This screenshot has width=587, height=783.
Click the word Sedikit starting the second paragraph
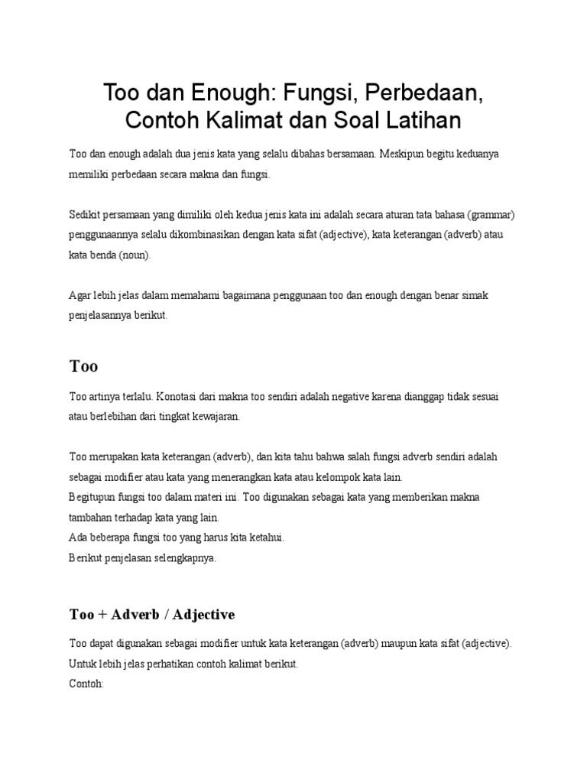pyautogui.click(x=86, y=215)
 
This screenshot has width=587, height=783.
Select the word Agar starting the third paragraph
pyautogui.click(x=80, y=295)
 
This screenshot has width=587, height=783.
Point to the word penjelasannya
pyautogui.click(x=100, y=315)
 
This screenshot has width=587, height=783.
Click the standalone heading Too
pyautogui.click(x=83, y=366)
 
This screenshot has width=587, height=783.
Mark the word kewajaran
pyautogui.click(x=216, y=417)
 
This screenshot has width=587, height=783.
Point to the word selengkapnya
pyautogui.click(x=181, y=557)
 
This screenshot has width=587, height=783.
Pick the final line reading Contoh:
pyautogui.click(x=86, y=684)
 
